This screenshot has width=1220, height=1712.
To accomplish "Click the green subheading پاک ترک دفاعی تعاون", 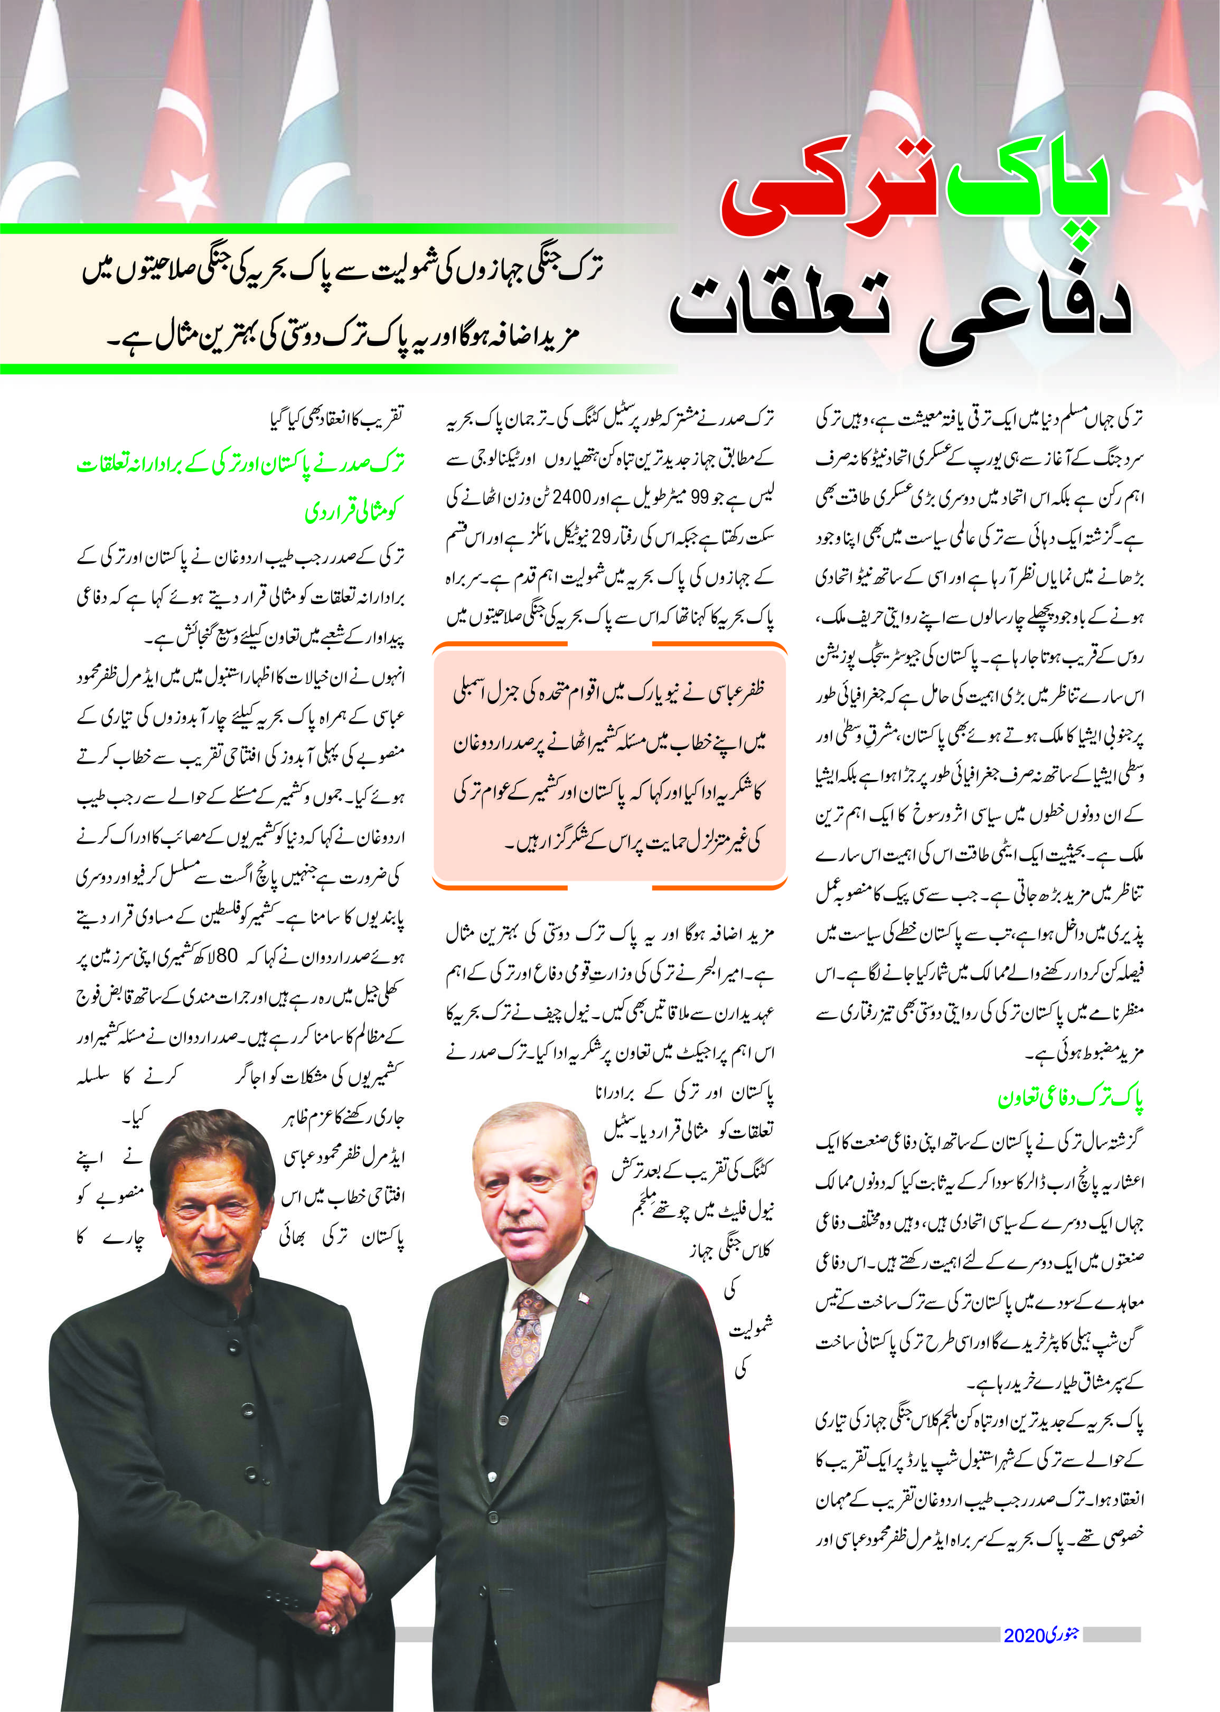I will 1070,1100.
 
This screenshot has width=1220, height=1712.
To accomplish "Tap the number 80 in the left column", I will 227,957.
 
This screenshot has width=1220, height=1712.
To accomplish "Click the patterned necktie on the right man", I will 523,1348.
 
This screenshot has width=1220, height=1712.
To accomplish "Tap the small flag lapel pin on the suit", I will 584,1298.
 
